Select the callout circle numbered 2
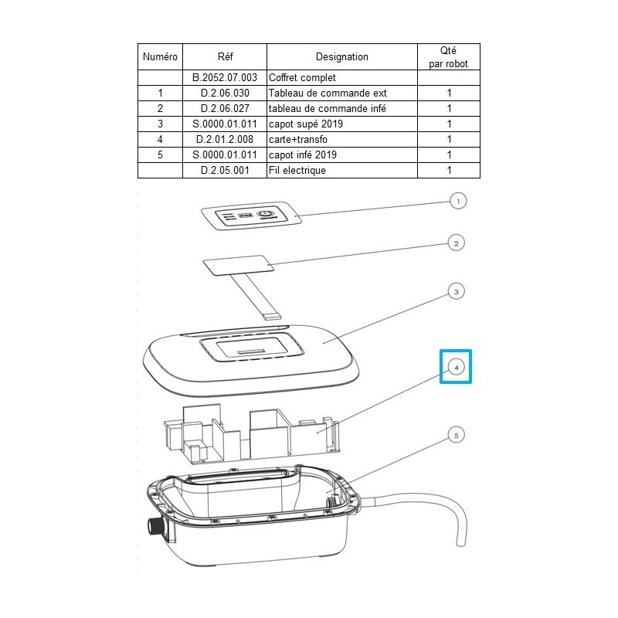click(457, 243)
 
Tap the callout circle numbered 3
click(457, 292)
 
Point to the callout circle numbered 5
click(457, 436)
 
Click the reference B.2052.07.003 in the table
click(224, 78)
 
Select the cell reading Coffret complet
click(302, 78)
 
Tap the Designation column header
click(341, 56)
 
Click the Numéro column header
click(160, 56)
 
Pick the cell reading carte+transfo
click(300, 140)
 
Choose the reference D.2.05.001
click(224, 171)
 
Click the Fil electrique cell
click(297, 171)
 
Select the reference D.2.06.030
click(224, 93)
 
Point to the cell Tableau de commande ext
click(326, 93)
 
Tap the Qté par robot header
click(448, 56)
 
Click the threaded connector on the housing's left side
click(154, 527)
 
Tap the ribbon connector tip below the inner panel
click(273, 314)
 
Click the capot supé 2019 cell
click(305, 124)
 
